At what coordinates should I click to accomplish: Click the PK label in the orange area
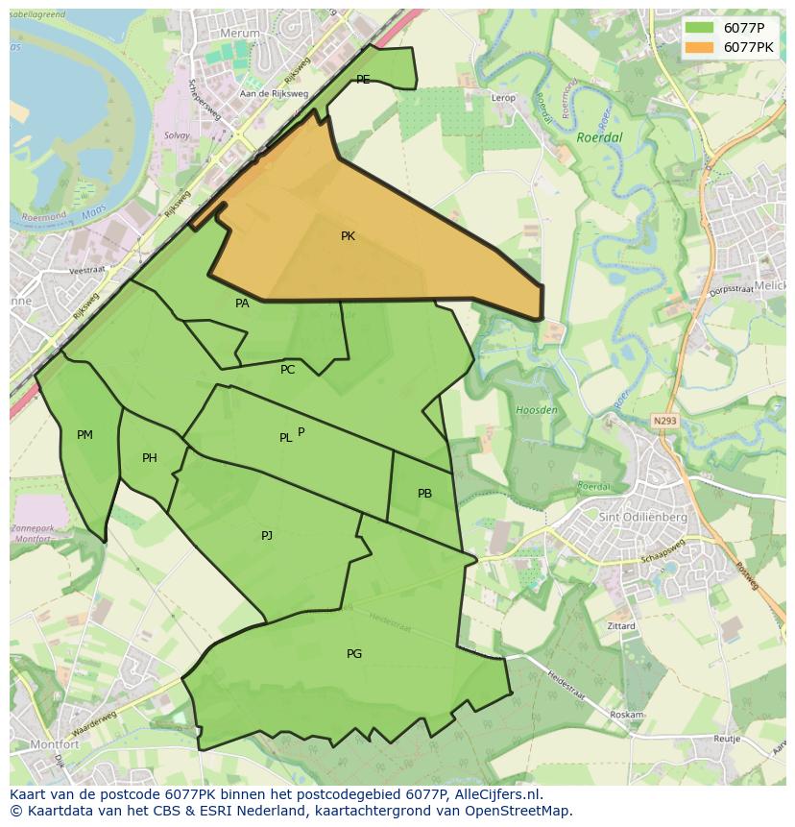[x=348, y=235]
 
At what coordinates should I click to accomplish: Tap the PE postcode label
[x=363, y=80]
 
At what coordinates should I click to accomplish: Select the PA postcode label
[x=242, y=304]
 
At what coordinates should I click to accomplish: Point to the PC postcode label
[x=287, y=370]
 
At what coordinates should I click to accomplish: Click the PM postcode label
[x=84, y=435]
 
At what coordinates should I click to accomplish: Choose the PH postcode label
[x=149, y=458]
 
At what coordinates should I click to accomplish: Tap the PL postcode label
[x=285, y=438]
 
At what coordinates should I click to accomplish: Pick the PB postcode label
[x=424, y=494]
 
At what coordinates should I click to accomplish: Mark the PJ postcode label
[x=267, y=536]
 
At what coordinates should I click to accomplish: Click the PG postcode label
[x=354, y=654]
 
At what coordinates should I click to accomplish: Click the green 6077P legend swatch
[x=700, y=28]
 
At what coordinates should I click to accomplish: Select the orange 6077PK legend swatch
[x=700, y=47]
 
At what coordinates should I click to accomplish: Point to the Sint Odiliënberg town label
[x=643, y=517]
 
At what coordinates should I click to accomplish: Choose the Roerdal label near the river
[x=600, y=137]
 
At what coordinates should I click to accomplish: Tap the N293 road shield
[x=663, y=420]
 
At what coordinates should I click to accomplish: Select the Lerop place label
[x=503, y=98]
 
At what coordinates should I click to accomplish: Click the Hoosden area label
[x=537, y=410]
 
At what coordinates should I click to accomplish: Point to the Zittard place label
[x=621, y=626]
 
